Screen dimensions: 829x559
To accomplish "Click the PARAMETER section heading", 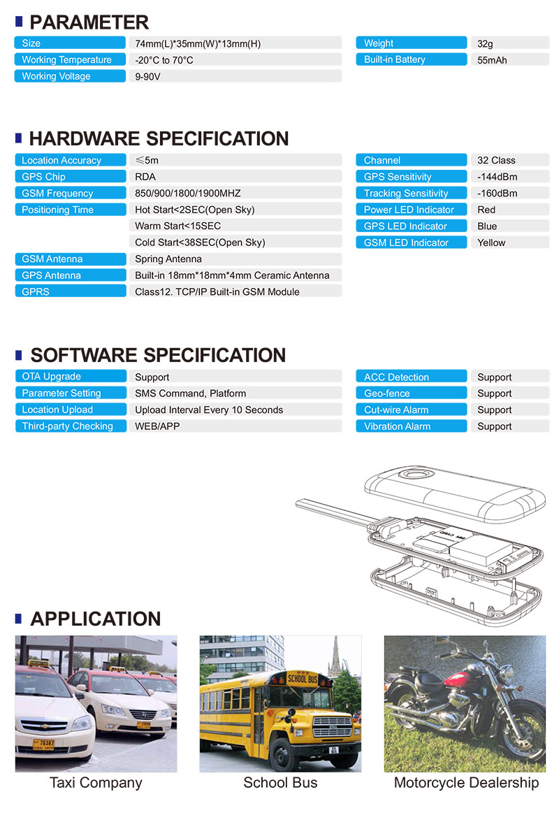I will pos(89,22).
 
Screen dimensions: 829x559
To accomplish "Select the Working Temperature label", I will pos(66,60).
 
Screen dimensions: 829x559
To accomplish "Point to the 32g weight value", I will pos(485,43).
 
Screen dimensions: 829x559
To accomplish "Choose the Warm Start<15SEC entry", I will pos(177,226).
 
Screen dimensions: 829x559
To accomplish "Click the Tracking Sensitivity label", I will pos(406,194).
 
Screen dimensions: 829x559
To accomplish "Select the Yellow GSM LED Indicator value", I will pos(491,243).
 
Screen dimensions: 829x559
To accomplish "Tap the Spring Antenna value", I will pos(168,259).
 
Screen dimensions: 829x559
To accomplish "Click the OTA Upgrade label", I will pos(51,377).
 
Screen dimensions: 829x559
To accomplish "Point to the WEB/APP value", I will pos(157,426).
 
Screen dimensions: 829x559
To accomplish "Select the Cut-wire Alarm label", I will pos(396,410).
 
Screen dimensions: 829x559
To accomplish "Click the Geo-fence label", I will pos(387,394).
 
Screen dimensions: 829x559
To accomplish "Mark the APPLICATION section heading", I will pos(95,619).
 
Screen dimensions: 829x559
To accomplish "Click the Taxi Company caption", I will pos(96,783).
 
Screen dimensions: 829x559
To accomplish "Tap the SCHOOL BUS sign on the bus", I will pos(301,678).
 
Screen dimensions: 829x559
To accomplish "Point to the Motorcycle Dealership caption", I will pos(466,783).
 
